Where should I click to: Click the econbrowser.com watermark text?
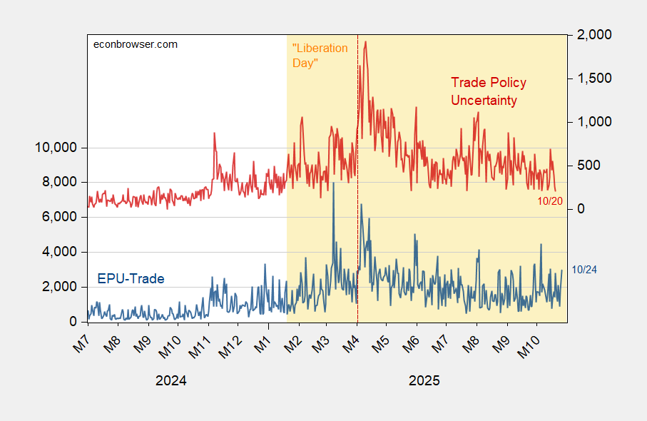tap(136, 44)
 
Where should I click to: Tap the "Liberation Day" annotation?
tap(320, 56)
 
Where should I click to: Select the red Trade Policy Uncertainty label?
tap(489, 91)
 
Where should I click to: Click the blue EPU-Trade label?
tap(131, 278)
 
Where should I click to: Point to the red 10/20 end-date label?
tap(550, 201)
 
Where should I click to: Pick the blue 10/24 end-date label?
tap(586, 269)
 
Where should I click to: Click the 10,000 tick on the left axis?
tap(56, 148)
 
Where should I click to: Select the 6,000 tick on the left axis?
tap(59, 217)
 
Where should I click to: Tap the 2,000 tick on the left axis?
tap(59, 286)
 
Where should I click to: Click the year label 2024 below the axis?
tap(170, 380)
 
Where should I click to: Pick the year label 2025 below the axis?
tap(424, 380)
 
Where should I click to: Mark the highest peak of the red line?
tap(366, 41)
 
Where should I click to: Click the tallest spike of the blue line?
tap(333, 183)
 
